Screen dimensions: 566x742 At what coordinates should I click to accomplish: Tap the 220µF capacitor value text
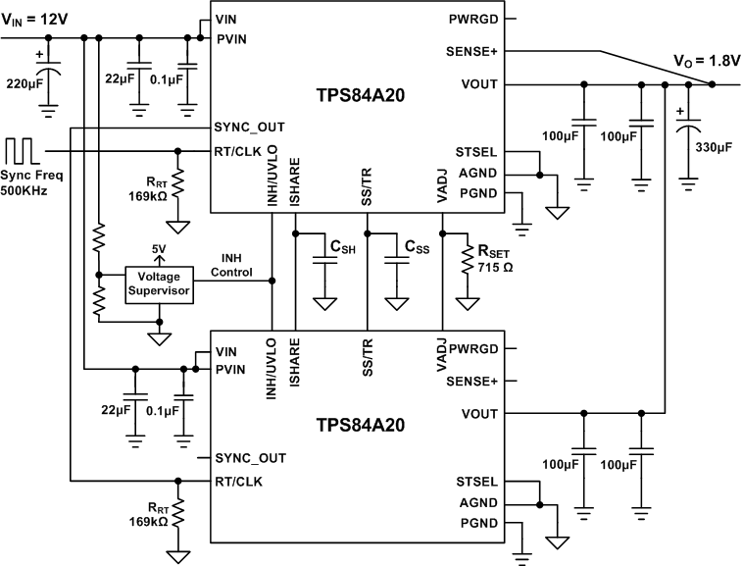click(x=23, y=84)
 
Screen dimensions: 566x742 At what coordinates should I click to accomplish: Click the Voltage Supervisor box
click(x=159, y=283)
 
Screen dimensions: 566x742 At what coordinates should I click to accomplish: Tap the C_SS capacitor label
click(x=415, y=249)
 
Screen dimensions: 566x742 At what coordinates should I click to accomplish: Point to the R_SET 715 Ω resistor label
click(x=492, y=257)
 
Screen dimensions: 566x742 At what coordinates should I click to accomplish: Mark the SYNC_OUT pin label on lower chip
click(x=251, y=458)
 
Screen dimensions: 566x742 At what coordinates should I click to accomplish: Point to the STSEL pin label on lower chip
click(x=478, y=482)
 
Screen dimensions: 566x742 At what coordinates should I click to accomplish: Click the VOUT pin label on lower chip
click(x=478, y=413)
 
